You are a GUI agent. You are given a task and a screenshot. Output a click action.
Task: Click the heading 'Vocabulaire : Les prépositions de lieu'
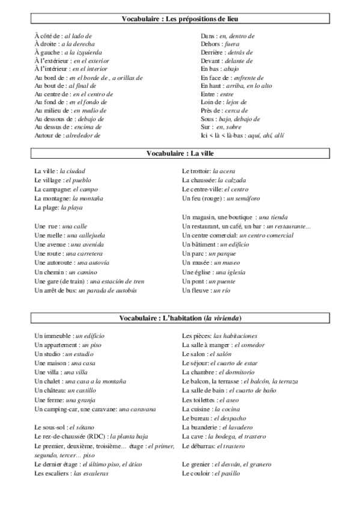click(x=180, y=19)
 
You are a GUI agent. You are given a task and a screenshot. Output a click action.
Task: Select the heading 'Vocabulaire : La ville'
click(x=180, y=153)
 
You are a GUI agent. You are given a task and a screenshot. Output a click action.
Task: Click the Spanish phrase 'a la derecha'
click(x=82, y=45)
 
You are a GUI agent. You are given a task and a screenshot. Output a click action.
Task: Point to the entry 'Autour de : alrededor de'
click(x=67, y=135)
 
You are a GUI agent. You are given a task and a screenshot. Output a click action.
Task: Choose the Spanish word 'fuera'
click(x=233, y=45)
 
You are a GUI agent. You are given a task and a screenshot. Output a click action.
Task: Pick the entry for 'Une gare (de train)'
click(x=90, y=281)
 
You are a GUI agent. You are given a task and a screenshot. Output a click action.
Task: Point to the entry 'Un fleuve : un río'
click(x=207, y=290)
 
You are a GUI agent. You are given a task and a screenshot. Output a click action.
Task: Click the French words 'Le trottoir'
click(x=196, y=171)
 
